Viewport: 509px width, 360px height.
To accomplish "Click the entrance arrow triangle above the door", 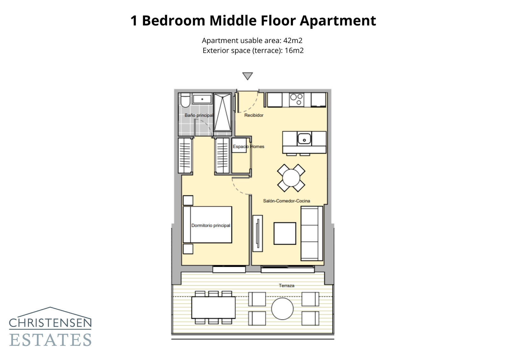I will click(247, 76).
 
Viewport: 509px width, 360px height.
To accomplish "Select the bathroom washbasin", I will click(202, 99).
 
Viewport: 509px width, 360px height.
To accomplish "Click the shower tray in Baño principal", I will click(222, 112).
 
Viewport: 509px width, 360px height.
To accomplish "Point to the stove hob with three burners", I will click(296, 99).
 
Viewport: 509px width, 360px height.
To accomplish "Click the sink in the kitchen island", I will click(304, 139).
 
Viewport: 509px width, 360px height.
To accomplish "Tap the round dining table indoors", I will click(291, 178).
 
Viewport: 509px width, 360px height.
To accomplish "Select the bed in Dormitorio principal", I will click(207, 225).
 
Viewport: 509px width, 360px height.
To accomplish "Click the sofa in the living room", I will click(312, 233).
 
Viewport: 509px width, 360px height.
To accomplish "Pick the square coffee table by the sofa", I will click(285, 233).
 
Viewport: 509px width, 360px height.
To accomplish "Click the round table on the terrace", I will click(282, 308).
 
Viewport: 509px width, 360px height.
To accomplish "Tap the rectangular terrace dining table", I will click(213, 307).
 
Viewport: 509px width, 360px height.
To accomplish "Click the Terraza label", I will click(286, 286).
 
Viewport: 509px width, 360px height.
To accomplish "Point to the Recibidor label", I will click(254, 115).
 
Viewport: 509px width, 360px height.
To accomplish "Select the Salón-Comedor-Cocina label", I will click(286, 201).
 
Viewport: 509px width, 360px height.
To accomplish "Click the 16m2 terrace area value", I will click(294, 51).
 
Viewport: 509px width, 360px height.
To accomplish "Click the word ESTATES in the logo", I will click(50, 340).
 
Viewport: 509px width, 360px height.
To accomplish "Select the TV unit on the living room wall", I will click(258, 233).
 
